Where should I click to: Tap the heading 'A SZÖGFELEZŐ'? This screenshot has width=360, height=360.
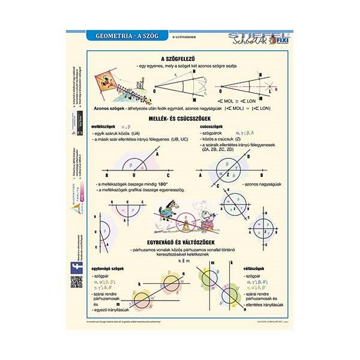point(179,58)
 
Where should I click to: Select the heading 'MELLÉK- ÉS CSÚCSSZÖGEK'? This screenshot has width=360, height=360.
point(179,119)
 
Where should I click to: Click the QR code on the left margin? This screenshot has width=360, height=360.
point(76,282)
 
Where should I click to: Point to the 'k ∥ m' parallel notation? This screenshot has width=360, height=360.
point(179,262)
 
